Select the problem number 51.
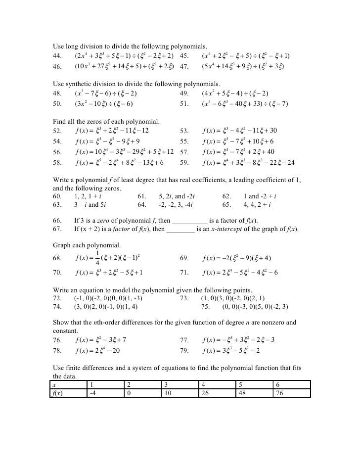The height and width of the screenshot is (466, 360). pyautogui.click(x=184, y=104)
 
